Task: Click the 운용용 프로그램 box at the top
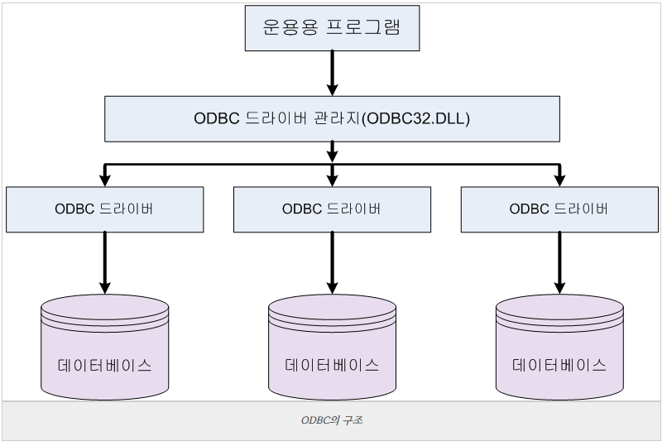(332, 28)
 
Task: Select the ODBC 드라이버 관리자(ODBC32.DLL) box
(332, 118)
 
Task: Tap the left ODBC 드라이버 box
(104, 209)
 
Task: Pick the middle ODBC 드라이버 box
(332, 209)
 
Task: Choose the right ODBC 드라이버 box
(559, 209)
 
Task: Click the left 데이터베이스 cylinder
(104, 348)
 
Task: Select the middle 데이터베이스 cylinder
(332, 348)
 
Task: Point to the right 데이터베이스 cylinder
(559, 348)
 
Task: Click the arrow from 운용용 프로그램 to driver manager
(332, 73)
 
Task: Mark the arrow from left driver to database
(104, 261)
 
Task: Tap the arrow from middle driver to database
(332, 261)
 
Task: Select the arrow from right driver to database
(559, 261)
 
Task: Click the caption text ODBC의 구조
(332, 420)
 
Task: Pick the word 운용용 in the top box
(290, 28)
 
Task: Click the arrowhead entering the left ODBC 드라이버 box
(104, 180)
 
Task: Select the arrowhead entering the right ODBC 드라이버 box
(559, 180)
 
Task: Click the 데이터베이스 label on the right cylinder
(559, 365)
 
